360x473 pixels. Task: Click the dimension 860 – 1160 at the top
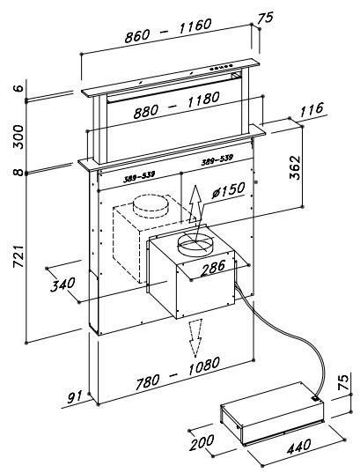[x=168, y=31]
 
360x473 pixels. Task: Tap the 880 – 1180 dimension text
[x=177, y=106]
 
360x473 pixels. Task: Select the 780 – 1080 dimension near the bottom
[x=177, y=373]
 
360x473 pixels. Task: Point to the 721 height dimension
[x=18, y=256]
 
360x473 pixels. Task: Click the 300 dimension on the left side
[x=18, y=137]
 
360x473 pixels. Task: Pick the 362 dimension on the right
[x=295, y=167]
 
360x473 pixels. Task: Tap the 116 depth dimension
[x=312, y=110]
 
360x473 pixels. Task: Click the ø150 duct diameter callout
[x=228, y=190]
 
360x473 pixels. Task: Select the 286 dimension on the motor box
[x=213, y=268]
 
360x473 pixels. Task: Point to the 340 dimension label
[x=62, y=285]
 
